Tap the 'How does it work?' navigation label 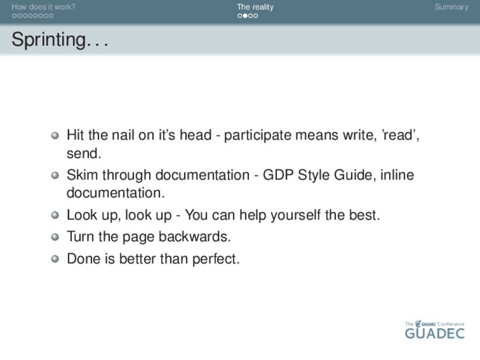click(x=43, y=7)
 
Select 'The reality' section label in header click(x=255, y=7)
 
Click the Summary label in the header click(x=451, y=7)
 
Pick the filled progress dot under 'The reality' click(x=245, y=15)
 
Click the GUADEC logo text click(x=435, y=333)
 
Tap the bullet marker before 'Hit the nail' click(x=55, y=135)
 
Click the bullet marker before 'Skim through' click(x=55, y=175)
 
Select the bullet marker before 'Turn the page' click(x=55, y=237)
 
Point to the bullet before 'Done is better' click(x=55, y=259)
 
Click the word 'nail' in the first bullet click(x=122, y=135)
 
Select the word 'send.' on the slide click(x=84, y=153)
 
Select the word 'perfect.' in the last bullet click(x=216, y=259)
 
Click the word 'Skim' click(x=82, y=175)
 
